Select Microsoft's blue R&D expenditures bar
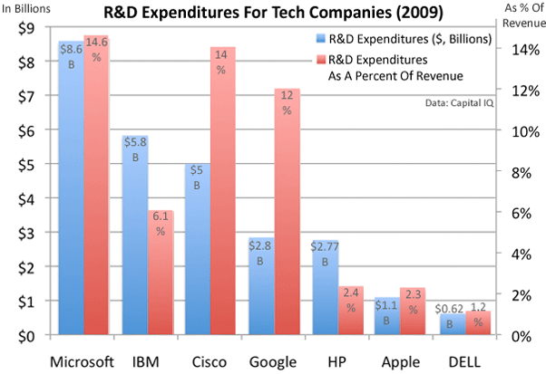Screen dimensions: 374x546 (x=71, y=199)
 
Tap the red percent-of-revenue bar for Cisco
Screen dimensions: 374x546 (x=223, y=190)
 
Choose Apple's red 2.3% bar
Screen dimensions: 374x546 (x=413, y=312)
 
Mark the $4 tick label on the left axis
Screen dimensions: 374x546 (x=28, y=198)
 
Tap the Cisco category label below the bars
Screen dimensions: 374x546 (x=210, y=360)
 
